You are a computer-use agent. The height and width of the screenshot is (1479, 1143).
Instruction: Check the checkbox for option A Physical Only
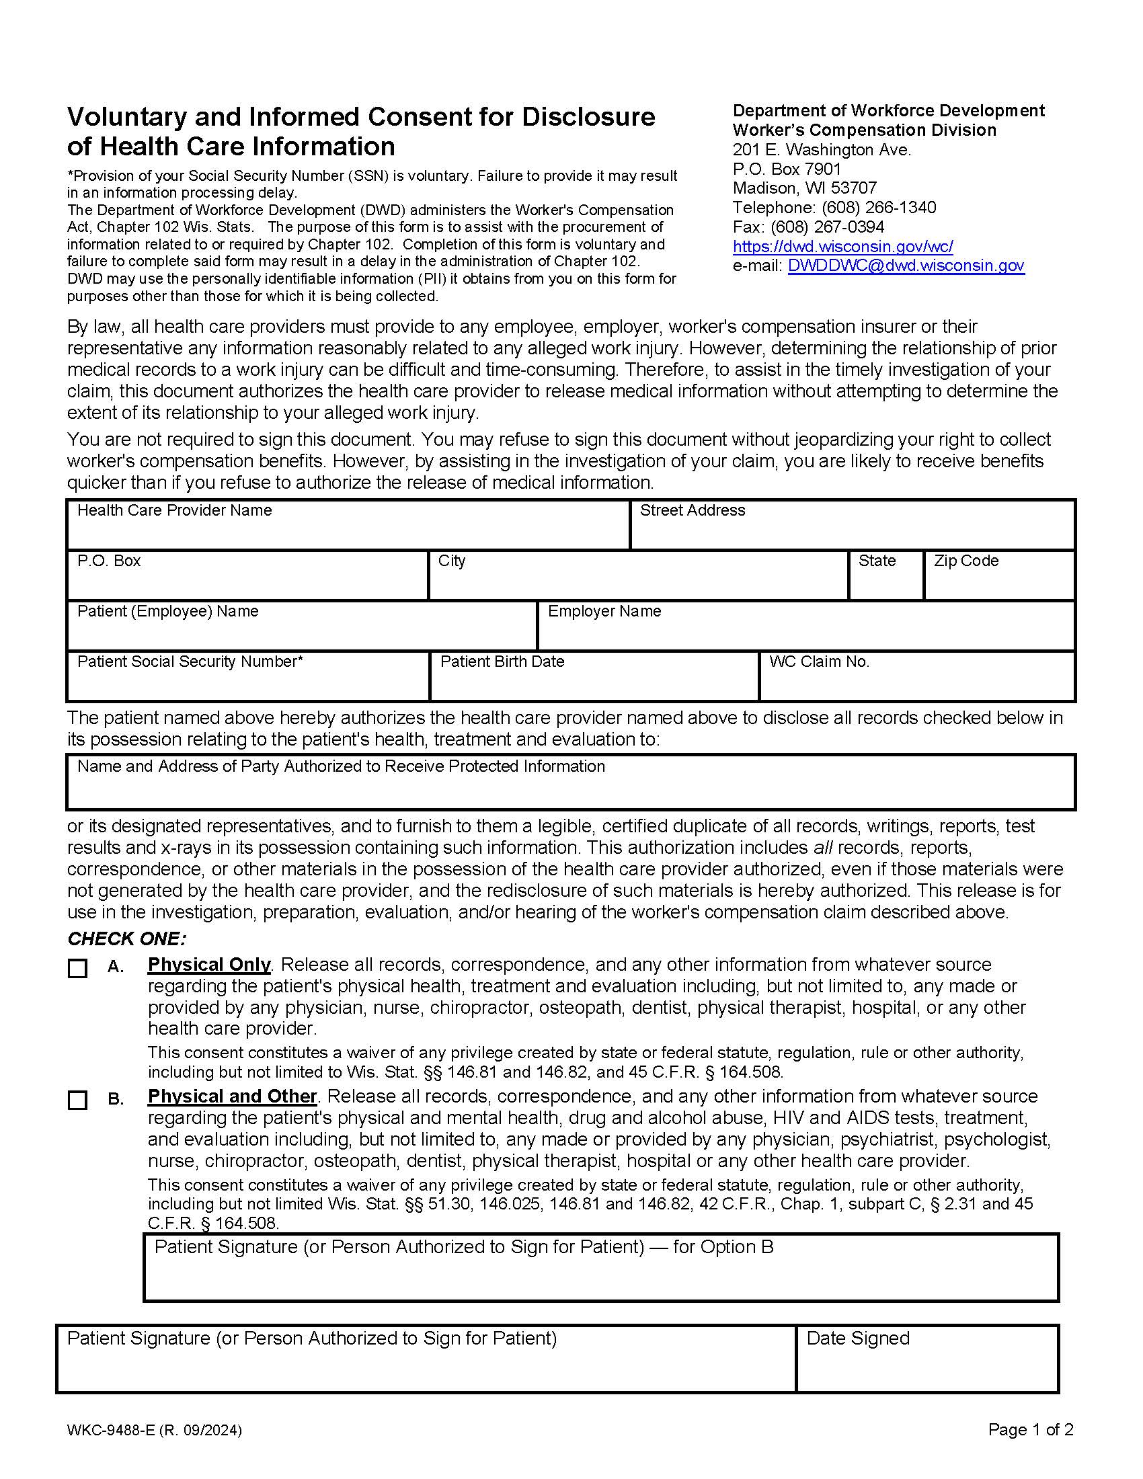click(78, 969)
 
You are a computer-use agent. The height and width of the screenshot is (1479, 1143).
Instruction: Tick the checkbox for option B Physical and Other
click(78, 1101)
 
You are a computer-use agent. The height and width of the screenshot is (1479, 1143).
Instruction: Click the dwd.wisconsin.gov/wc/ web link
click(842, 247)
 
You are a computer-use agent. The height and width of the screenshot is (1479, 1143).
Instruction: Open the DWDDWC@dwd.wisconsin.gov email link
click(906, 266)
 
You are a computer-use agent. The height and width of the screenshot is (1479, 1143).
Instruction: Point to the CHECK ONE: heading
click(126, 938)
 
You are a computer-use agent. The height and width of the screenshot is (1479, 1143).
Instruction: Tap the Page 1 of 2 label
click(1031, 1429)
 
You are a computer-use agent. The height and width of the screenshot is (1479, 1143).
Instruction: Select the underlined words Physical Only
click(208, 964)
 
